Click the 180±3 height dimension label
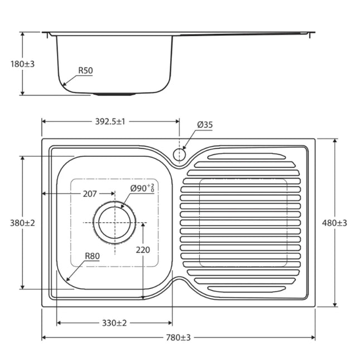click(22, 64)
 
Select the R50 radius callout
click(85, 70)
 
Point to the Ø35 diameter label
click(204, 125)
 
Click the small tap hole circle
click(180, 155)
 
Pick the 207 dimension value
click(90, 194)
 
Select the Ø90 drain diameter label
click(142, 188)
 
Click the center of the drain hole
click(114, 222)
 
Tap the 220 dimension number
click(143, 250)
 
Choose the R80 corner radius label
click(92, 257)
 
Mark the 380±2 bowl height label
click(22, 223)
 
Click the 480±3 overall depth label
click(335, 223)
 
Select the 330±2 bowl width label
click(114, 323)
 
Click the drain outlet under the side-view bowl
click(114, 94)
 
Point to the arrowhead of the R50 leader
click(64, 84)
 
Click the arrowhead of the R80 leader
click(68, 280)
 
